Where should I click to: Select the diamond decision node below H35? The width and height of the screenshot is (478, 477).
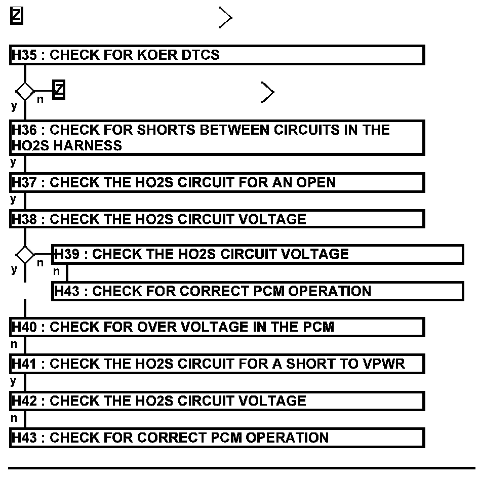[x=24, y=92]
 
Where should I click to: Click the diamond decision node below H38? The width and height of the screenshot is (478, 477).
[x=24, y=254]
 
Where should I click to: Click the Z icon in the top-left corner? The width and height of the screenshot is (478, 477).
[x=16, y=16]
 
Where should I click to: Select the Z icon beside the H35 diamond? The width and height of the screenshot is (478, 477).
[x=59, y=91]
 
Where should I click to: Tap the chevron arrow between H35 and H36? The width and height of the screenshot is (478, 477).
[x=268, y=92]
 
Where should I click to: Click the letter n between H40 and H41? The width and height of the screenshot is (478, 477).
[x=14, y=345]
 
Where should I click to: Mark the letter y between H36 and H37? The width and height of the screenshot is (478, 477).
[x=13, y=163]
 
